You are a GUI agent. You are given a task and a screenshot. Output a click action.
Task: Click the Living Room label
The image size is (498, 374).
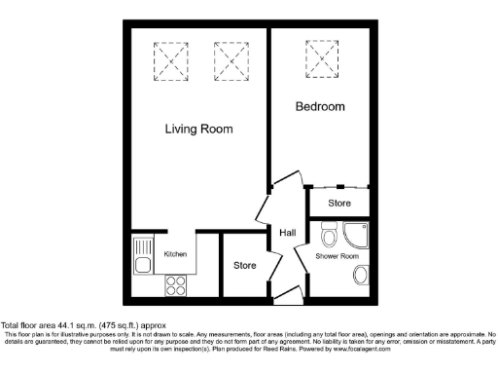coord(198,129)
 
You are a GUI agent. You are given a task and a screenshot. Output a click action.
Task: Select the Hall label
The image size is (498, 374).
coord(288,233)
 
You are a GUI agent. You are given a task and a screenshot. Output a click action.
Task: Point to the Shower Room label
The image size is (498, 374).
coord(337,256)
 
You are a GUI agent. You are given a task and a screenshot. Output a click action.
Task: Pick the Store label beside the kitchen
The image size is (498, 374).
coord(244,265)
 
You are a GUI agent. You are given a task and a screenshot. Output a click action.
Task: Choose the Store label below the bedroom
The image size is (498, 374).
coord(338,203)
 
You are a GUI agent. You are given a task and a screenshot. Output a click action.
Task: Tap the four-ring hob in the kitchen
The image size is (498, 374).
coord(176,285)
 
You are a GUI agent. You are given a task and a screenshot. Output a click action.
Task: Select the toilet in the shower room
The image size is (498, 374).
coord(328,235)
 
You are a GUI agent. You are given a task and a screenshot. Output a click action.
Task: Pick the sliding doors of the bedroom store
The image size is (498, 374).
coord(338,185)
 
